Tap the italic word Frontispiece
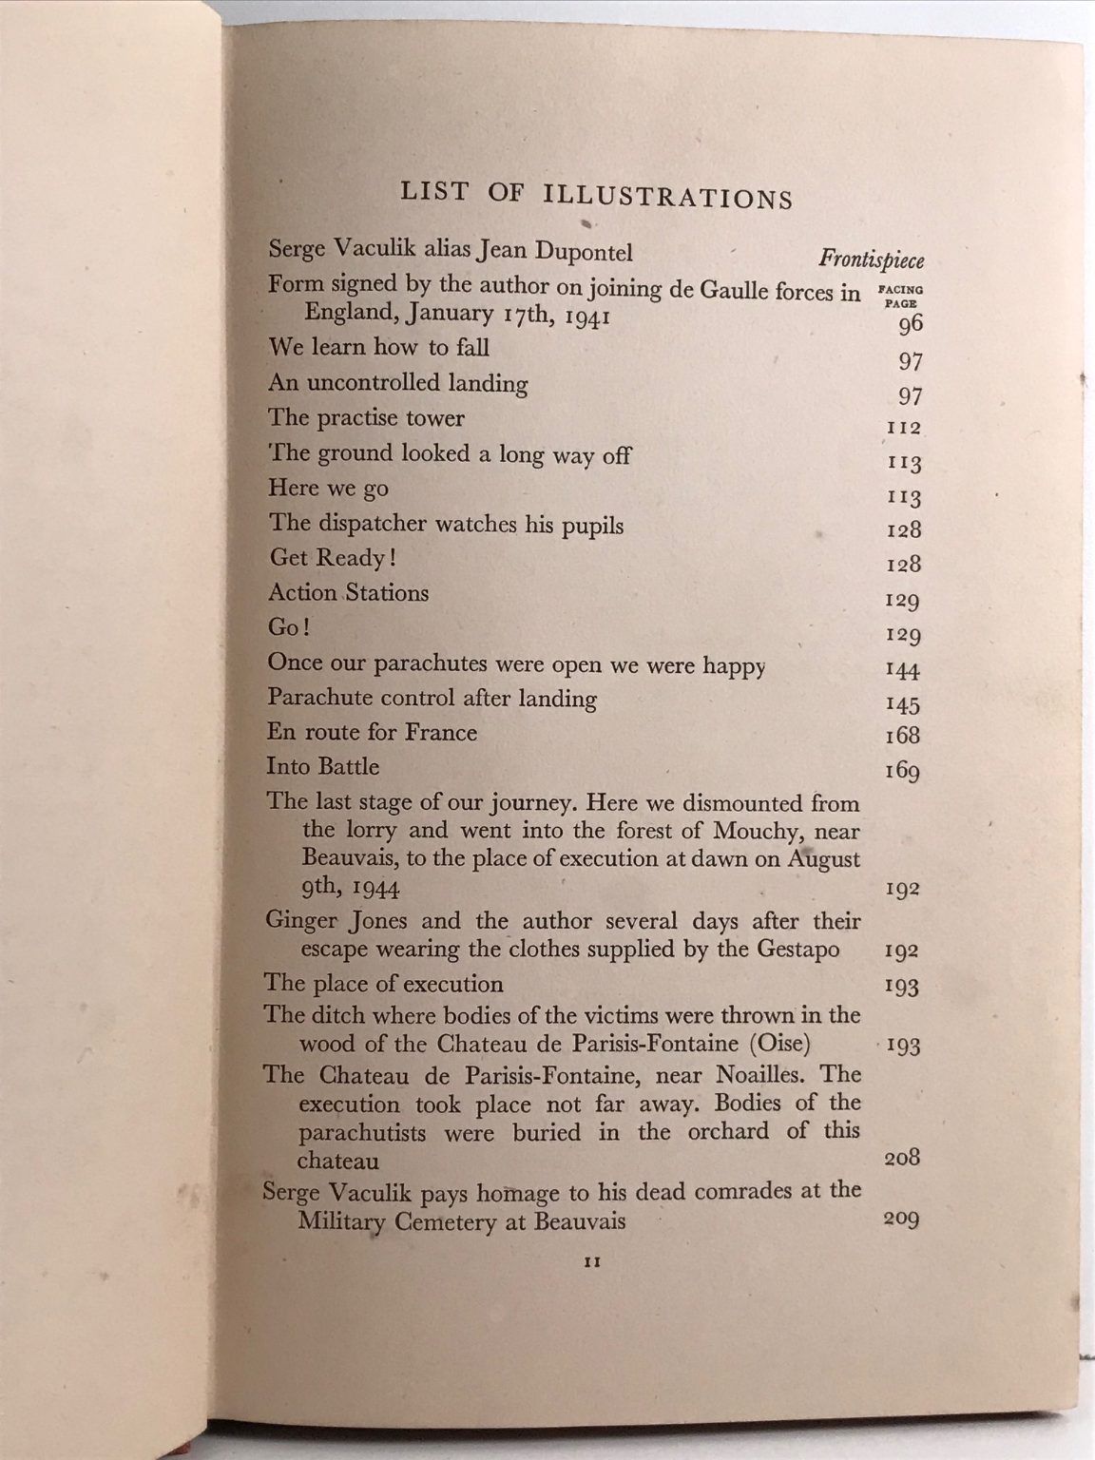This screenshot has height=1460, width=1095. click(871, 260)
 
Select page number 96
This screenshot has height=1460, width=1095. click(910, 324)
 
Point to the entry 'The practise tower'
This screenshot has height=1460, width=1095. click(366, 418)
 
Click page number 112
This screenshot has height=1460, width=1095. click(903, 429)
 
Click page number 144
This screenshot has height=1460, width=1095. click(902, 671)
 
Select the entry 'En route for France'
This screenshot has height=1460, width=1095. click(372, 733)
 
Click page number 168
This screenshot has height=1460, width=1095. click(902, 736)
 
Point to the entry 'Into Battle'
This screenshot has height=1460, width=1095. click(323, 767)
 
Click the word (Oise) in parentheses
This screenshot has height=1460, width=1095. click(779, 1044)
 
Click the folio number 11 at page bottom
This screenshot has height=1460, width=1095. click(588, 1264)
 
